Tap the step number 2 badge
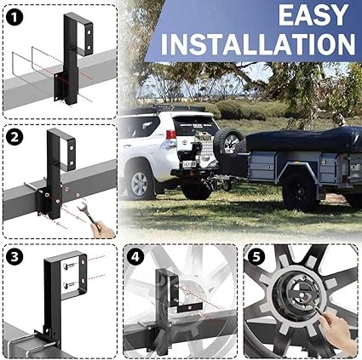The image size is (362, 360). (x=15, y=136)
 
